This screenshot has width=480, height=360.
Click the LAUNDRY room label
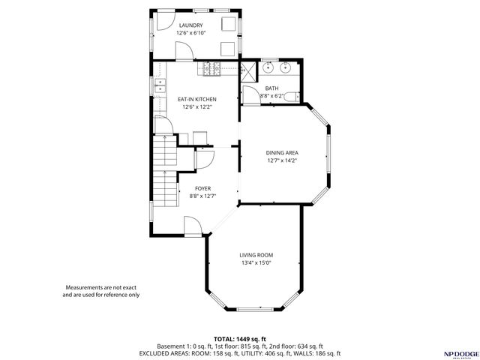point(190,25)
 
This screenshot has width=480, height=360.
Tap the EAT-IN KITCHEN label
point(196,99)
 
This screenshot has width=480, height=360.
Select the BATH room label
point(271,88)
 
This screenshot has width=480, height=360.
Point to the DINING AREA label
point(282,153)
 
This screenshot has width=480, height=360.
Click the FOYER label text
point(202,188)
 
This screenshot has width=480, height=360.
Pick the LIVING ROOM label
point(256,255)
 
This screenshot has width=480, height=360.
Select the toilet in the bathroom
point(295,95)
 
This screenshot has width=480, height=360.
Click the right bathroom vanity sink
point(286,68)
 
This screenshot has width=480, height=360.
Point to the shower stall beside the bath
point(247,70)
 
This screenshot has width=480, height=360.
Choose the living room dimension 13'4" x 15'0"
point(256,263)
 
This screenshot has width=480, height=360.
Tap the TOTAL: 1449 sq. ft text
point(239,339)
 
